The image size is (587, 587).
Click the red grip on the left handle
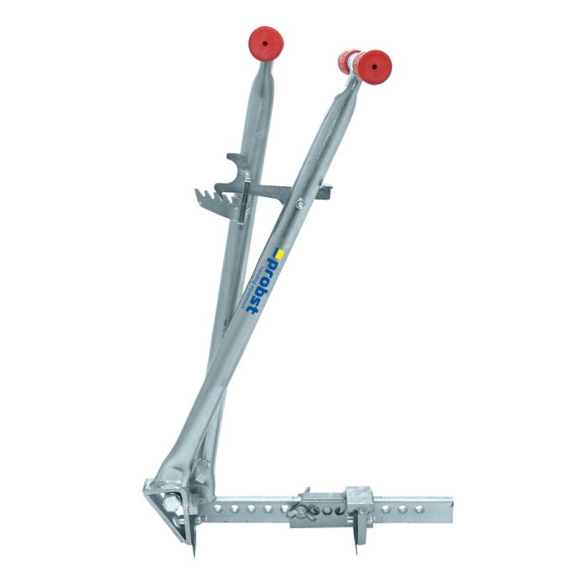coord(266,42)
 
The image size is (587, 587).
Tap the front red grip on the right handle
coord(372,66)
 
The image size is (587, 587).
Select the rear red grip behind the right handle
coord(346,60)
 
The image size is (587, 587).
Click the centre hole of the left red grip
coord(267,39)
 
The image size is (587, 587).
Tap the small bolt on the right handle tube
coord(299,202)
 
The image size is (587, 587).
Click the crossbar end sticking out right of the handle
coord(323,192)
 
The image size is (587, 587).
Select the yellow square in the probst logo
coord(280,251)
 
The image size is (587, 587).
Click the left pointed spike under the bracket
coord(192,543)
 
